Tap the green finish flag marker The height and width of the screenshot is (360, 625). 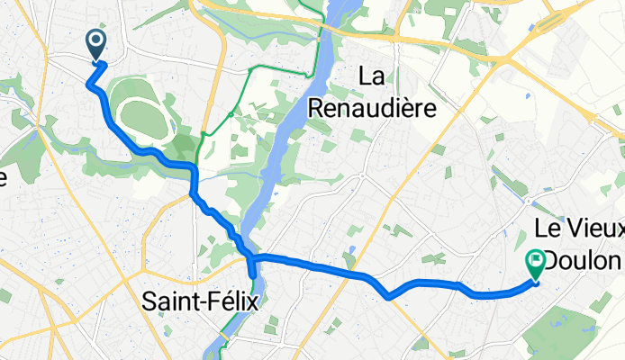pyautogui.click(x=536, y=262)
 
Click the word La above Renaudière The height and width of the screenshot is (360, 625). pyautogui.click(x=373, y=77)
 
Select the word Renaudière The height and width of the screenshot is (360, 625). pyautogui.click(x=373, y=108)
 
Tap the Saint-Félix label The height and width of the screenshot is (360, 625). pyautogui.click(x=199, y=302)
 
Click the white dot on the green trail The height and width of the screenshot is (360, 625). pyautogui.click(x=232, y=114)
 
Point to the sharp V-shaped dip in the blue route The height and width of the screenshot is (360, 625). pyautogui.click(x=387, y=295)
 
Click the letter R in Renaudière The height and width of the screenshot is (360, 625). pyautogui.click(x=317, y=108)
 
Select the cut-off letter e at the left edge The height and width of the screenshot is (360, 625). pyautogui.click(x=3, y=177)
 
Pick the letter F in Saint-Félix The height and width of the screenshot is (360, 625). pyautogui.click(x=206, y=302)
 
